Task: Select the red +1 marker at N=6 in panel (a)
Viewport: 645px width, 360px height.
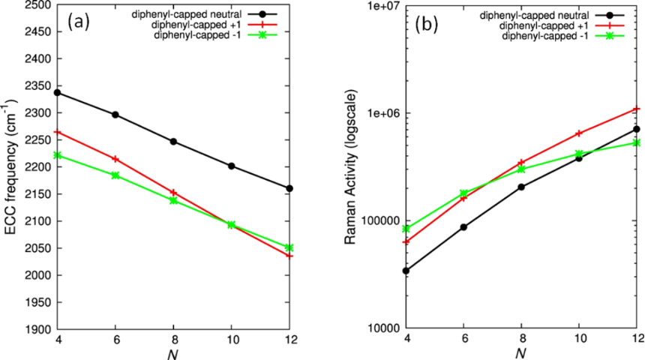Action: click(x=115, y=159)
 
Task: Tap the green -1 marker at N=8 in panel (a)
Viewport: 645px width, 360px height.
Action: click(x=174, y=200)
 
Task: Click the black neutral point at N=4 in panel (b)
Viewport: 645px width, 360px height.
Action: click(x=406, y=271)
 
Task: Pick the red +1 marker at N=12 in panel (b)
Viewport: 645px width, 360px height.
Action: click(x=637, y=109)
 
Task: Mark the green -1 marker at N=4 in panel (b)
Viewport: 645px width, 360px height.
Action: click(x=406, y=229)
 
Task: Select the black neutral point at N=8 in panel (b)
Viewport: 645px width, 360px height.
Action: click(x=521, y=187)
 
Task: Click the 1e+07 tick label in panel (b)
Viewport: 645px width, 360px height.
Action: click(x=378, y=5)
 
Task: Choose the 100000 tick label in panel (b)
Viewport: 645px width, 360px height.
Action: click(x=375, y=221)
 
